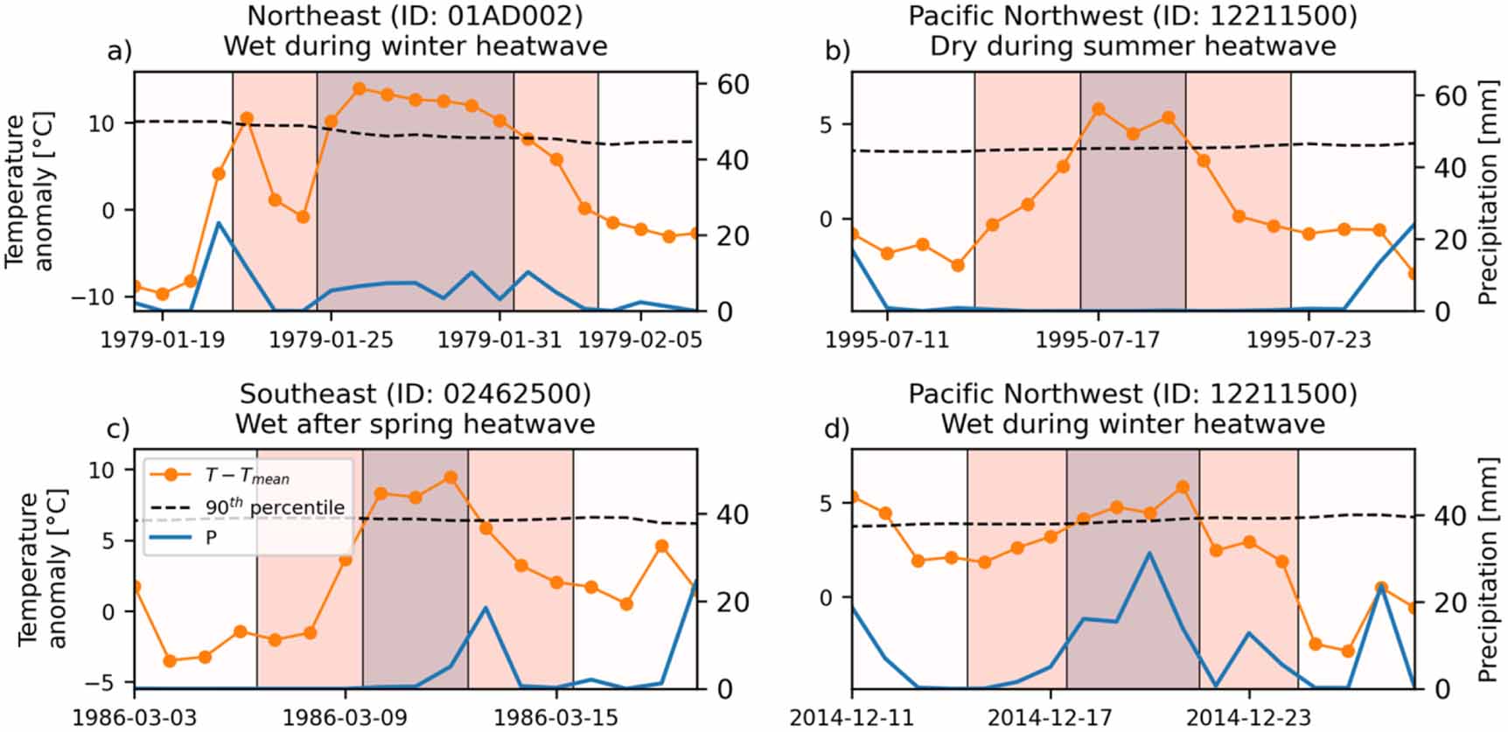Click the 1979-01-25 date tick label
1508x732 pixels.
[x=331, y=339]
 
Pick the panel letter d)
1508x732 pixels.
[x=837, y=429]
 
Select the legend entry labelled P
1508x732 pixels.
[x=211, y=538]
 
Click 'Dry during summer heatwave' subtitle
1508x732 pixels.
[x=1133, y=45]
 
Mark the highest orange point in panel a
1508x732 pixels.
[x=359, y=88]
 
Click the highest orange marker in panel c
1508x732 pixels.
[x=450, y=478]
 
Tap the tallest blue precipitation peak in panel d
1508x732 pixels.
[x=1150, y=553]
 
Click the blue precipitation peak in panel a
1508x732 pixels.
[x=219, y=223]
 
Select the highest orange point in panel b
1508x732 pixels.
[x=1099, y=109]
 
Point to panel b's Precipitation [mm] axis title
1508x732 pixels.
[x=1488, y=192]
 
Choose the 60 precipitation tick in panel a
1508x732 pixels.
[x=733, y=85]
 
